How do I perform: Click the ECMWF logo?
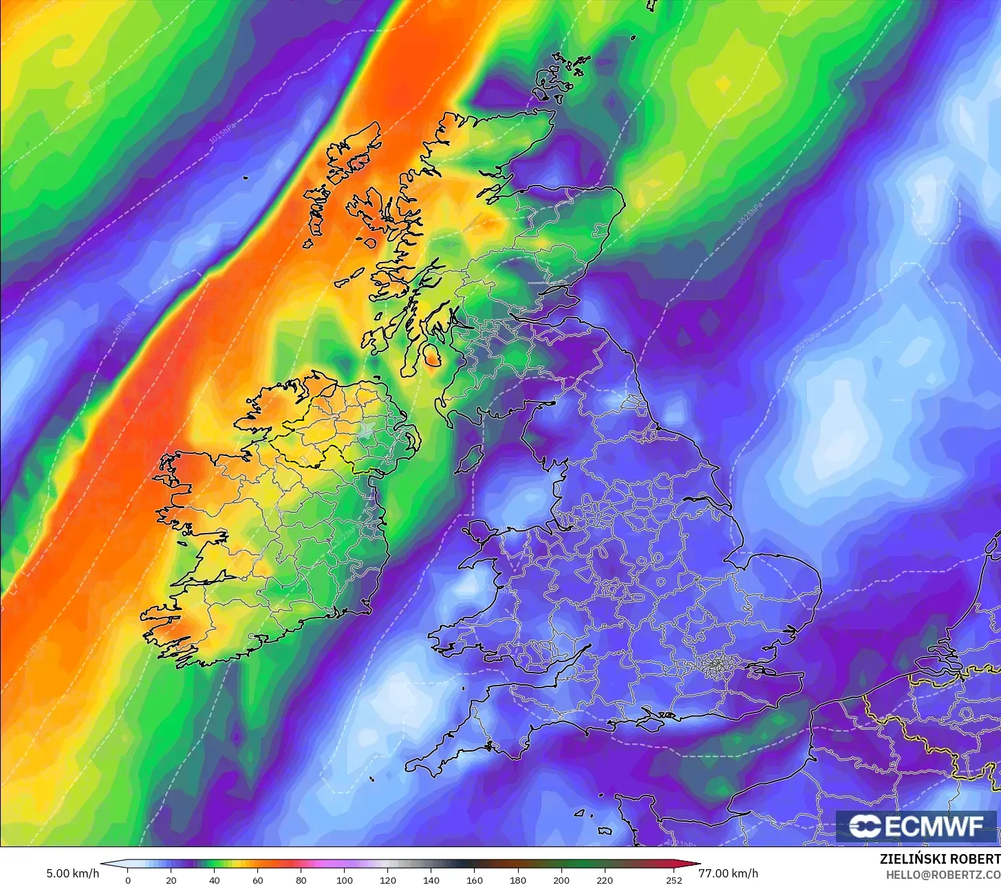916,827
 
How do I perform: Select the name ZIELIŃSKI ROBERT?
940,860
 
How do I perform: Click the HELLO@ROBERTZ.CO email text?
943,875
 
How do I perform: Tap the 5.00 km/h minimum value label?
72,874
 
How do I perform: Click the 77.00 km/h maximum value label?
728,874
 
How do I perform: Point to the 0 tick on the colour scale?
127,880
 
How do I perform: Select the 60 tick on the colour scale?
257,880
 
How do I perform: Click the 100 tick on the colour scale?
345,880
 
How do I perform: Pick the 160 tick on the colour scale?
475,880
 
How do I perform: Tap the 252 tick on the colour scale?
674,880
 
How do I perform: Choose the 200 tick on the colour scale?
561,880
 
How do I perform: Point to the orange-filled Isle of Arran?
433,355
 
